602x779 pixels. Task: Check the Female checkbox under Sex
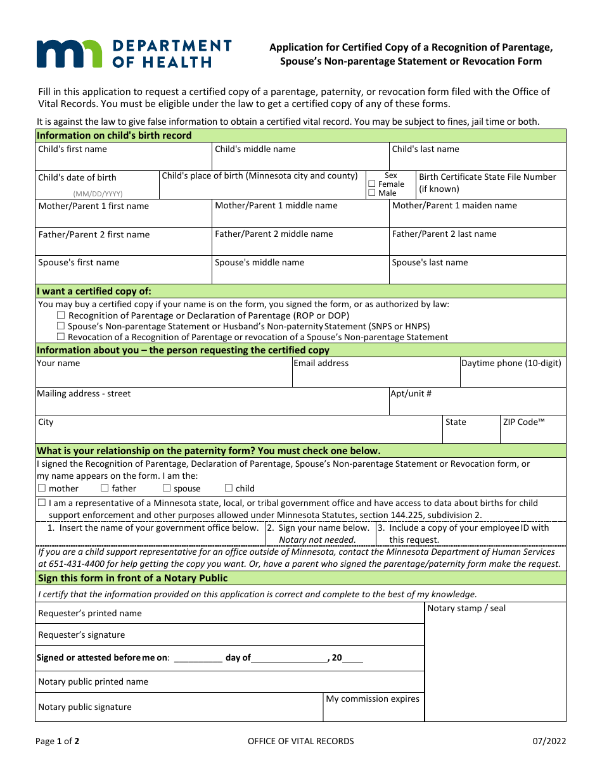coord(372,184)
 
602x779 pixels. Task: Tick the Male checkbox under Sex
coord(372,193)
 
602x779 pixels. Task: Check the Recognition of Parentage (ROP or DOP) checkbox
coord(61,315)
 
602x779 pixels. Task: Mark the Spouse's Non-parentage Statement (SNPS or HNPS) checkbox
coord(61,326)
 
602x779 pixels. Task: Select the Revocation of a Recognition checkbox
coord(61,337)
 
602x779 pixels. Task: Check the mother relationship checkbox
coord(42,488)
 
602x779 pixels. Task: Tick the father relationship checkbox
coord(105,488)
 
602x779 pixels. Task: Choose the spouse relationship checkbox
coord(167,488)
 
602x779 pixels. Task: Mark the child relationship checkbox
coord(229,488)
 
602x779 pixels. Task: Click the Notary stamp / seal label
coord(466,609)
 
